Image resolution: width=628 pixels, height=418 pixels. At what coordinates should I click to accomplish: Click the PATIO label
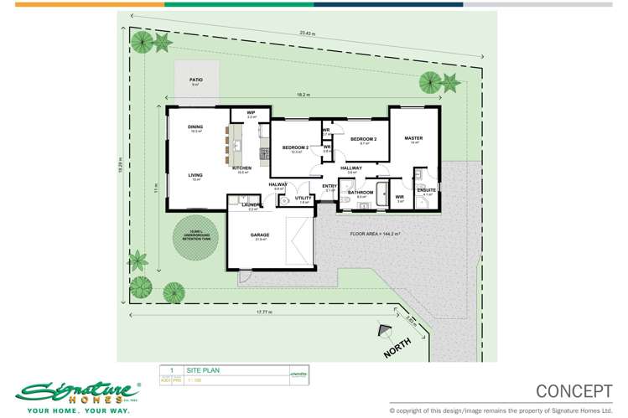pyautogui.click(x=196, y=80)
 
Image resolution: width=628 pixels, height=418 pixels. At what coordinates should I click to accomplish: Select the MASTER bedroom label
pyautogui.click(x=413, y=138)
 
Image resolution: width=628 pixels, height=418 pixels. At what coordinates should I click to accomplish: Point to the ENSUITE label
pyautogui.click(x=426, y=190)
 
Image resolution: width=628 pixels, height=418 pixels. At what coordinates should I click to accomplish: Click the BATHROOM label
pyautogui.click(x=360, y=193)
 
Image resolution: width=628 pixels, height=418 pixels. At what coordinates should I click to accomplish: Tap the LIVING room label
pyautogui.click(x=195, y=175)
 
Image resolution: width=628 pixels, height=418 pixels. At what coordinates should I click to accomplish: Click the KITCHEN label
pyautogui.click(x=243, y=168)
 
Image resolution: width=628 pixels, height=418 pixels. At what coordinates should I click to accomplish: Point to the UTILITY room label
pyautogui.click(x=303, y=199)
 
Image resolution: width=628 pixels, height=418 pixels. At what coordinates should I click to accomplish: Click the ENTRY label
pyautogui.click(x=330, y=187)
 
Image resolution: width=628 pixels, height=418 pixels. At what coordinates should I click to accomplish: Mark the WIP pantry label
pyautogui.click(x=251, y=113)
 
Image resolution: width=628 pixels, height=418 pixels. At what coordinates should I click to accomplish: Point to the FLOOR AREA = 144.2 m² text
pyautogui.click(x=375, y=233)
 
